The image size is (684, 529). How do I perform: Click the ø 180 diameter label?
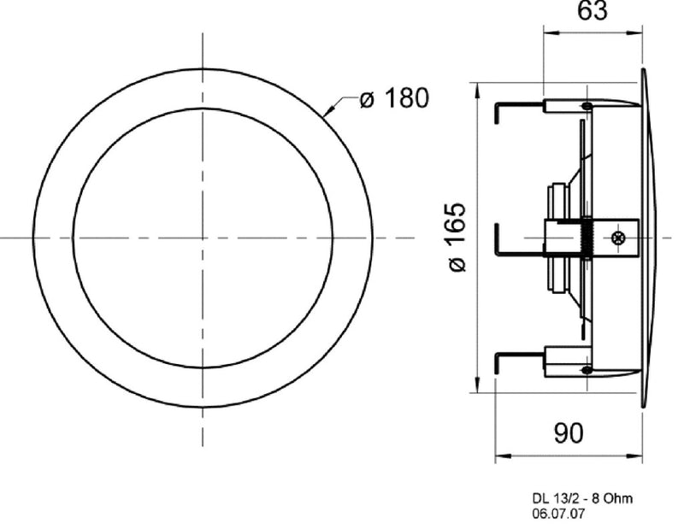[393, 99]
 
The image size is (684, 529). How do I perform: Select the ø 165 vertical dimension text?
[457, 237]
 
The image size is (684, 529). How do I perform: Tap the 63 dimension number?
[593, 11]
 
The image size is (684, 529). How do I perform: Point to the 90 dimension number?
[568, 433]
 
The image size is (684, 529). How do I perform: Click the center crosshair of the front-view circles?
[203, 237]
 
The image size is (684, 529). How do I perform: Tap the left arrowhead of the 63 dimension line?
[547, 35]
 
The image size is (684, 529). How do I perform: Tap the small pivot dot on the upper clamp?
[586, 106]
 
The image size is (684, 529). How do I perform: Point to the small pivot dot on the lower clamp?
[586, 369]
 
